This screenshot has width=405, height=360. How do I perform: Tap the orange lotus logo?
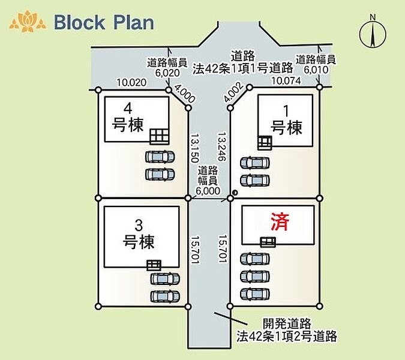[x=28, y=21]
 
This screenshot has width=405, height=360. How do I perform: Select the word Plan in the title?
[x=134, y=22]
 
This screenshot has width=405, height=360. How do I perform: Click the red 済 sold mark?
[x=280, y=221]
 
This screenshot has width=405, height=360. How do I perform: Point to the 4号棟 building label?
[x=128, y=118]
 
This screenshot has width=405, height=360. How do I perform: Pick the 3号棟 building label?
[x=139, y=235]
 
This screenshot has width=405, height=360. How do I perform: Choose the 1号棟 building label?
[x=286, y=120]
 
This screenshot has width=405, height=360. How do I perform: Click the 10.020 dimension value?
[x=131, y=82]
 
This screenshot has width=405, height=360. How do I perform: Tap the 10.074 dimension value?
[x=286, y=80]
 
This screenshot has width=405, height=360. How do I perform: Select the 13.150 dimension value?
[x=194, y=148]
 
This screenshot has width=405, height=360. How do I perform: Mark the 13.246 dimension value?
[x=221, y=146]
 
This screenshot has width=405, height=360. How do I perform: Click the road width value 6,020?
[x=167, y=73]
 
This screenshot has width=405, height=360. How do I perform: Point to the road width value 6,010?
[x=316, y=70]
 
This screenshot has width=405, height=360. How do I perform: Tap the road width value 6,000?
[x=208, y=191]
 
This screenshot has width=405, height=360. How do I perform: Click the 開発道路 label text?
[x=287, y=323]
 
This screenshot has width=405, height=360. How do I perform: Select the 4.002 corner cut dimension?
[x=233, y=92]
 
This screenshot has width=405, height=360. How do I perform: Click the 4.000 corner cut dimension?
[x=185, y=94]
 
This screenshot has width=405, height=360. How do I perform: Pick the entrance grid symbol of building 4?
[x=160, y=136]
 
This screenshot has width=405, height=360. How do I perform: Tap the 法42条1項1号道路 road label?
[x=243, y=68]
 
